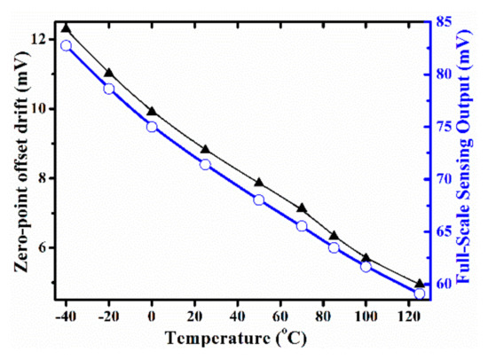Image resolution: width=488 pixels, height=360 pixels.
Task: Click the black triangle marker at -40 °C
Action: click(x=66, y=29)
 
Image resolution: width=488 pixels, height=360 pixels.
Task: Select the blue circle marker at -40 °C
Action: click(x=66, y=45)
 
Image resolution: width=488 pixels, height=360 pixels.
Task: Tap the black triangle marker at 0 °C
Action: click(x=152, y=111)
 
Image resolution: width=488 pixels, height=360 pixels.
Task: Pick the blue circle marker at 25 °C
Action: click(x=205, y=165)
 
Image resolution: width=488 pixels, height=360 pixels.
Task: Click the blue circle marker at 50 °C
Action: click(x=259, y=200)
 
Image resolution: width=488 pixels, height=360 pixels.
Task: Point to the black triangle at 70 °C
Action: click(x=302, y=208)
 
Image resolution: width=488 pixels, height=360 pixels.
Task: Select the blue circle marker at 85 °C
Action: click(x=334, y=247)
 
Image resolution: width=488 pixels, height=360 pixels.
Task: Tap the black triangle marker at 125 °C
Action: click(x=420, y=284)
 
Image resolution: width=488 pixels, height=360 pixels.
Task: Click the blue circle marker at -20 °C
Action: click(x=108, y=89)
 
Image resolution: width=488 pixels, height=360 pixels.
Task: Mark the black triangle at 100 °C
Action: click(x=366, y=258)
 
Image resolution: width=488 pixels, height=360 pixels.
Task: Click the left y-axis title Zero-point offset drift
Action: click(x=12, y=156)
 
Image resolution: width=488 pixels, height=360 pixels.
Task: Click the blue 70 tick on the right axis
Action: click(x=444, y=178)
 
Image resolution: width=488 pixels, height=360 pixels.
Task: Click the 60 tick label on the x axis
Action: click(x=280, y=316)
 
